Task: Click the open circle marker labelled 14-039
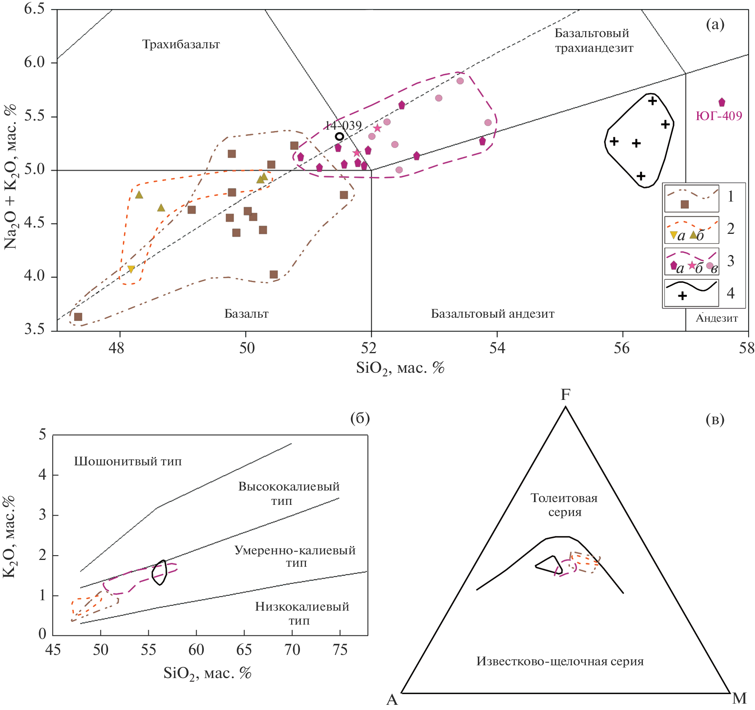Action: [x=339, y=136]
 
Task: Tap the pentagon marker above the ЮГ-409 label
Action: [x=721, y=103]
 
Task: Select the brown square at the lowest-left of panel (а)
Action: [x=78, y=317]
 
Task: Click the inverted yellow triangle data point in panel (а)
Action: [x=131, y=269]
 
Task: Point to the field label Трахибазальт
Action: [x=181, y=44]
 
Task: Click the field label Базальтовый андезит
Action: [x=493, y=314]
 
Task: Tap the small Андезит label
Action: [x=717, y=318]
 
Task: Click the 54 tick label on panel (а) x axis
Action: [x=497, y=348]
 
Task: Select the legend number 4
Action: [x=731, y=293]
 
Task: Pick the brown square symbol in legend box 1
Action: [x=685, y=204]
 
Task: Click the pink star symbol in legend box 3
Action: [x=692, y=265]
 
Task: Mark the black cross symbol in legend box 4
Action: [x=682, y=296]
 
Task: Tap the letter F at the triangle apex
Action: [x=566, y=395]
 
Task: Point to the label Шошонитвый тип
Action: [x=128, y=462]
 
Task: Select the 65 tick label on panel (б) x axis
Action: [x=244, y=650]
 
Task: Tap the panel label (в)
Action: [x=715, y=419]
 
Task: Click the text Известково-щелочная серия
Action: [x=560, y=661]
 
